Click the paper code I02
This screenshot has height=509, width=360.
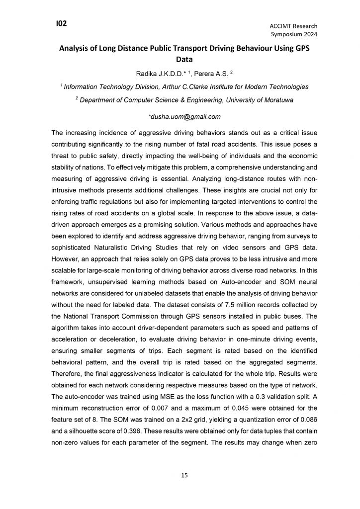tap(62, 23)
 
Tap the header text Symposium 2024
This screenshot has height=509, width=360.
tap(294, 34)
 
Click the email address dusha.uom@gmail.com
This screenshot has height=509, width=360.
tap(184, 117)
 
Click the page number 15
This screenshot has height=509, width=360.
tap(184, 476)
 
